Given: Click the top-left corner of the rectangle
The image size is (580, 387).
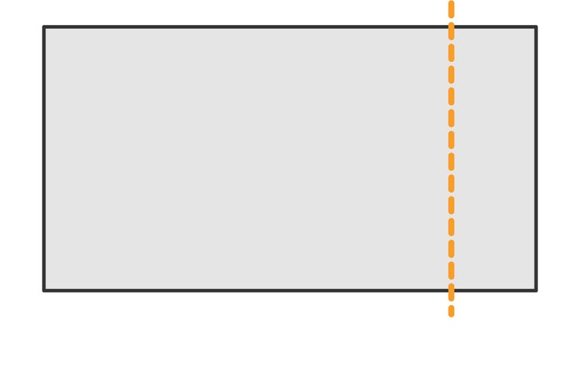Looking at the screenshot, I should [x=44, y=27].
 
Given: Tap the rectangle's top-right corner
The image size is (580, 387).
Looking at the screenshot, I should [x=536, y=27].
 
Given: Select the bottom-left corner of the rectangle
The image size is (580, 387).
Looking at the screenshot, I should [x=44, y=290].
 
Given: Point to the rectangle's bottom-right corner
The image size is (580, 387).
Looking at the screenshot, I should [x=536, y=290].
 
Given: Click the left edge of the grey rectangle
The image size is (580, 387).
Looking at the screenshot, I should [x=44, y=159].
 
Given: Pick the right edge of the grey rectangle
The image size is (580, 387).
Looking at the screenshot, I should [x=536, y=159].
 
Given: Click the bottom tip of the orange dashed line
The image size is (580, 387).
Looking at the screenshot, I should [x=451, y=314].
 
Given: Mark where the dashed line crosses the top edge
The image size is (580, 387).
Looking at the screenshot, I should [x=451, y=27].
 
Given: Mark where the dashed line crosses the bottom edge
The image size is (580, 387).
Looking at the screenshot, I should [x=451, y=290].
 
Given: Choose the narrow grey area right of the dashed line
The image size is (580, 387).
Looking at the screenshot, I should [x=494, y=159].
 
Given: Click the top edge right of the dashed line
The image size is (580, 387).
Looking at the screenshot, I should [x=494, y=27].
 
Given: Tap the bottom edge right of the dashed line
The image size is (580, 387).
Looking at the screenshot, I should [x=494, y=290].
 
